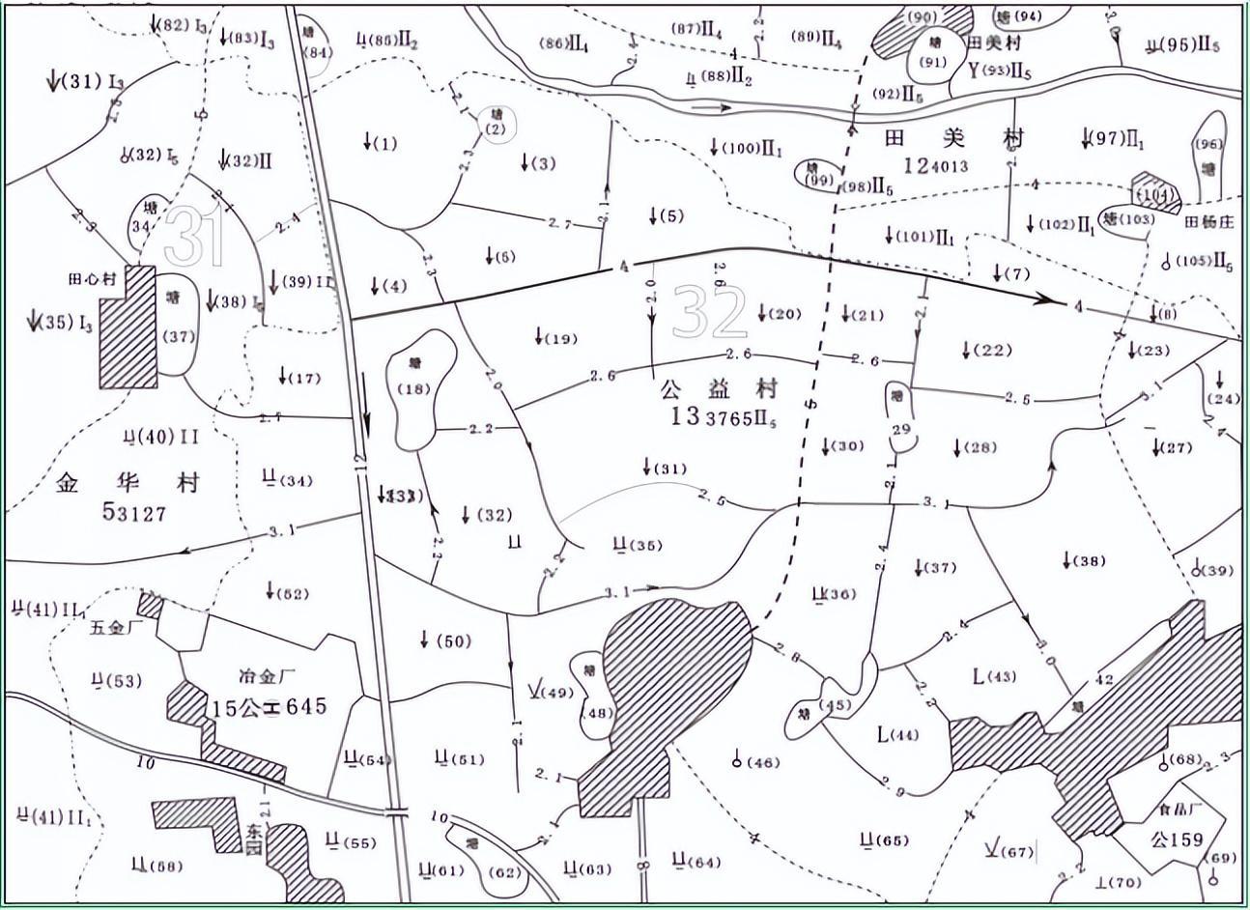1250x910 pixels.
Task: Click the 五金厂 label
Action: click(115, 629)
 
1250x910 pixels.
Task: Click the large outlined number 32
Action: click(710, 312)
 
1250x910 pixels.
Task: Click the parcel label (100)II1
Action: click(747, 148)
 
